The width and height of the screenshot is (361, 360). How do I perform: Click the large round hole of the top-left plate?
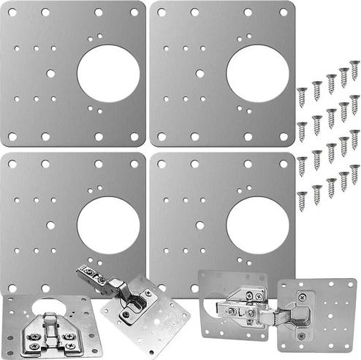107,74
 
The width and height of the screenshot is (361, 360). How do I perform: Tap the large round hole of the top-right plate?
258,74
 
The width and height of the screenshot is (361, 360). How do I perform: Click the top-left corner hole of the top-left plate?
12,12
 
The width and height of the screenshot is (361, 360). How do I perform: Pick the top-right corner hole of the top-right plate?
284,12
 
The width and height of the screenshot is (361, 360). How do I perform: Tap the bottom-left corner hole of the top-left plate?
12,136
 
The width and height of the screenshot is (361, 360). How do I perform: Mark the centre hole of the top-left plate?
50,74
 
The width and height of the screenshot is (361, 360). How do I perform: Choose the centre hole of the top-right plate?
199,74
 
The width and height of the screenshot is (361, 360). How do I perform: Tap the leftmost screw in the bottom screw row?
302,199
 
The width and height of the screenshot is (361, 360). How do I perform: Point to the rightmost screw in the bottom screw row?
354,172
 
